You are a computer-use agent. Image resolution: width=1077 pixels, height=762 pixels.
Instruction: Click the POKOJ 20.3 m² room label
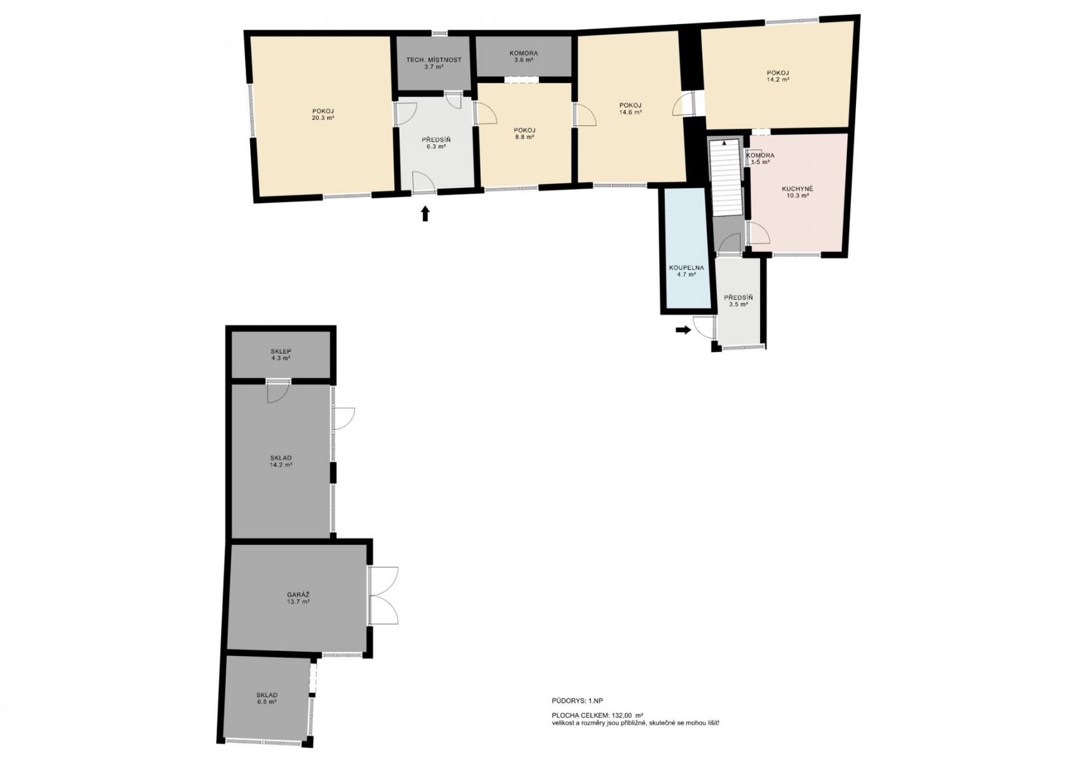click(x=323, y=114)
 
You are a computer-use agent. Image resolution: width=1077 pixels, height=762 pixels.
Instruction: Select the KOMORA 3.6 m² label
click(x=524, y=57)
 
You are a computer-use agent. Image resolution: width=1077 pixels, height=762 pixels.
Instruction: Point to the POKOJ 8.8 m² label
click(x=524, y=133)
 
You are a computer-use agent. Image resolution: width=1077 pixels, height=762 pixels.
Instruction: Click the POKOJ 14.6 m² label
click(x=630, y=109)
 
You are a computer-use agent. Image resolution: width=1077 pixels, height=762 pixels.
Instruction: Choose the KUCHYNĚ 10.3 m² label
click(x=797, y=192)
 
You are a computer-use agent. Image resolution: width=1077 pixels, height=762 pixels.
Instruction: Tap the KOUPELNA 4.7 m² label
click(x=686, y=271)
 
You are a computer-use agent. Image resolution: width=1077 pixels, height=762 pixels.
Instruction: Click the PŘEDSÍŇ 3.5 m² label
click(x=738, y=301)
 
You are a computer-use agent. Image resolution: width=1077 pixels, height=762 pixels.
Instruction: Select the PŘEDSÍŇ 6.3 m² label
click(x=436, y=144)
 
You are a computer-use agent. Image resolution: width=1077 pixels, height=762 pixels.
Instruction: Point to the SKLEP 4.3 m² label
click(x=281, y=355)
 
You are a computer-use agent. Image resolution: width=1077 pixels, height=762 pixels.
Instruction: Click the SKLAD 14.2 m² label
click(x=281, y=462)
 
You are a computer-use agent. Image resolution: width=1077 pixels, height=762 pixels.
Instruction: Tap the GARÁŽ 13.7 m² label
click(x=298, y=598)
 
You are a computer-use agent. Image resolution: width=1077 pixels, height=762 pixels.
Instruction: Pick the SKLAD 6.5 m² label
click(x=266, y=698)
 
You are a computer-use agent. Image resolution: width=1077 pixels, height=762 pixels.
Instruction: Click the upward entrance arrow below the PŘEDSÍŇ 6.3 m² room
click(x=425, y=214)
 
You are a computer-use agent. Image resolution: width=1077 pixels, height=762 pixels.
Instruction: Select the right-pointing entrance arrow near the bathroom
click(x=683, y=330)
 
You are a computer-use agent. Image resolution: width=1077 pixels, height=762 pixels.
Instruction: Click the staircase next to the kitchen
click(x=726, y=177)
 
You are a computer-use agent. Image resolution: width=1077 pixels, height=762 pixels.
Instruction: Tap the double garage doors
click(x=384, y=596)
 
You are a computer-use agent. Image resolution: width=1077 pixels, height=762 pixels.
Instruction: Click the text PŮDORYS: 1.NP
click(x=577, y=701)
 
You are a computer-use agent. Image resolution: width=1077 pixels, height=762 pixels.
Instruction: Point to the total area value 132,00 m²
click(x=627, y=715)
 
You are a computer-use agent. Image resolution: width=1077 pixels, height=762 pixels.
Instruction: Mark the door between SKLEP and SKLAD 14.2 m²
click(x=278, y=390)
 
